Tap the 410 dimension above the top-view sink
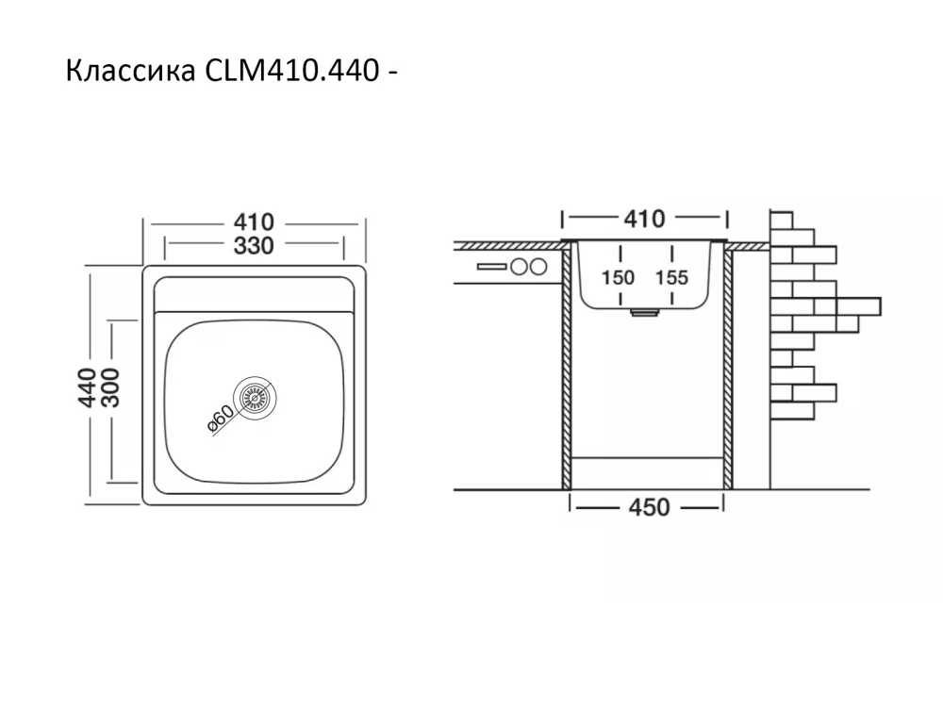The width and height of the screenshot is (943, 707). tap(254, 222)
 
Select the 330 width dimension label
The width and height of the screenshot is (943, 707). tap(254, 247)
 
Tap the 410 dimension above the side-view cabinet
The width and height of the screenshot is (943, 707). tap(644, 219)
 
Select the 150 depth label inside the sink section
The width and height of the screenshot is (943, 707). tap(619, 277)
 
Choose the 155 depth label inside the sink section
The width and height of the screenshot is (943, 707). tap(670, 277)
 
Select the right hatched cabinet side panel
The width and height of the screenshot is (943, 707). tap(728, 368)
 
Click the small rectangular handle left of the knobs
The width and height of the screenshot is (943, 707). tap(491, 267)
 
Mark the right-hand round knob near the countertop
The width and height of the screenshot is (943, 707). tap(538, 267)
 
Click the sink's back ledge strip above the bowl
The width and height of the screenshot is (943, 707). tap(254, 293)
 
